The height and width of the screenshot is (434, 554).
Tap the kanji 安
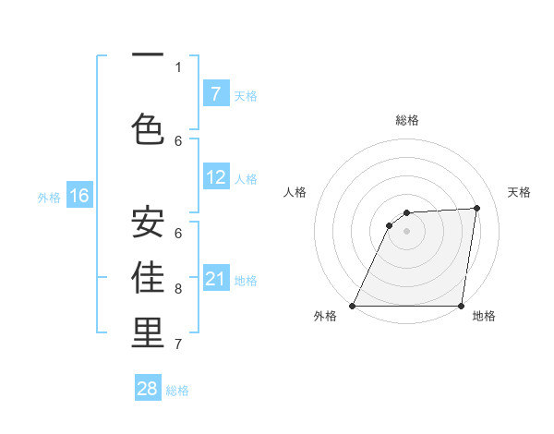point(148,222)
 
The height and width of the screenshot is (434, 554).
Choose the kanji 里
point(148,333)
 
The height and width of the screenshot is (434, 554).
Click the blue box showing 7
point(215,94)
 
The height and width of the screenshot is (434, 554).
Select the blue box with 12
point(215,178)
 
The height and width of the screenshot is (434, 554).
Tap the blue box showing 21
point(215,280)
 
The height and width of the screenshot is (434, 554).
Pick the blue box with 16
point(78,196)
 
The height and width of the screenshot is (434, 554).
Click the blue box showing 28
point(148,389)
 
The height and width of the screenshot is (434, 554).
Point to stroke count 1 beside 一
point(178,66)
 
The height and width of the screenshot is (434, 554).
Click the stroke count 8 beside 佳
point(178,289)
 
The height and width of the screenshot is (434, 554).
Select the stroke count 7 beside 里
point(178,344)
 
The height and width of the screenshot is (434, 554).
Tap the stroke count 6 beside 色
point(178,140)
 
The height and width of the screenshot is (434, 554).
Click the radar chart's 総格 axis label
point(406,120)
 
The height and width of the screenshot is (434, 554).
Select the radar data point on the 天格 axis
point(477,208)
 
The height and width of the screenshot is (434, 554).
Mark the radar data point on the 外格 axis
point(352,306)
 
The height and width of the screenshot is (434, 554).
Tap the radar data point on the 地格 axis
point(461,306)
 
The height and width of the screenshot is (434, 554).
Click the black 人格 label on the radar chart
point(295,192)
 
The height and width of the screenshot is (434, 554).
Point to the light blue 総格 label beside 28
point(177,391)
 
